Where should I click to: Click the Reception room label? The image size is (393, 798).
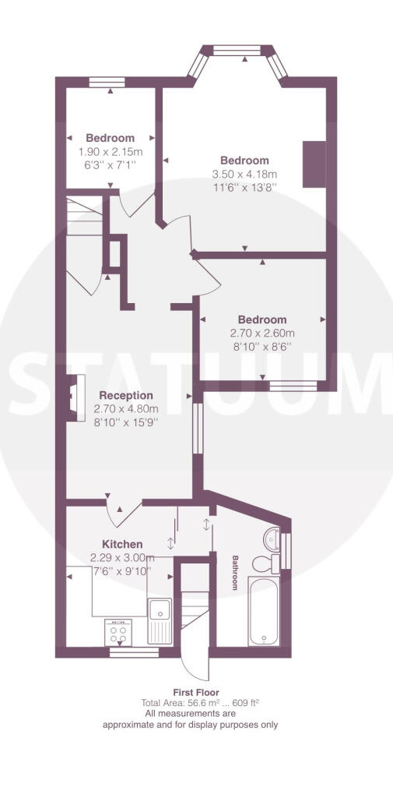[125, 395]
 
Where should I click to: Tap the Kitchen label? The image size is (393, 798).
[122, 544]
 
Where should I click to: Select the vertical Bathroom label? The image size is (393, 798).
[235, 573]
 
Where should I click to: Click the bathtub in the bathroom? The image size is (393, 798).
[263, 611]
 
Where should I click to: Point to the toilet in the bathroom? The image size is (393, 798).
[265, 564]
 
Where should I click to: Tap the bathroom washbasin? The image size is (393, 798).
[272, 538]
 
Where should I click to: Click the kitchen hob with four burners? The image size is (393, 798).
[118, 633]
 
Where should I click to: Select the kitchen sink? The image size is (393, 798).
[160, 620]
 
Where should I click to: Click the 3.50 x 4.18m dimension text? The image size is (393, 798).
[244, 174]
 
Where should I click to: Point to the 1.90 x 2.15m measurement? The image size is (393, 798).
[111, 152]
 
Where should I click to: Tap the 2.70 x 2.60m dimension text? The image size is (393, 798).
[262, 334]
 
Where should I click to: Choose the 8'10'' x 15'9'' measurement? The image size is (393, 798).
[125, 422]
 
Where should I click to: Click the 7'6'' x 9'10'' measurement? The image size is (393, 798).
[121, 571]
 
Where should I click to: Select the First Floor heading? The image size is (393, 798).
[196, 692]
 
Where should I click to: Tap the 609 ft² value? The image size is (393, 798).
[248, 703]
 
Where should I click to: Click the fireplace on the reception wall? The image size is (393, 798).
[75, 397]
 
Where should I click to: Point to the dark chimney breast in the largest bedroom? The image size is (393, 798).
[314, 164]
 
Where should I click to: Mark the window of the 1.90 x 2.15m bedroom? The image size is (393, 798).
[107, 82]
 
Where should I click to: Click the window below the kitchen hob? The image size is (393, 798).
[134, 652]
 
